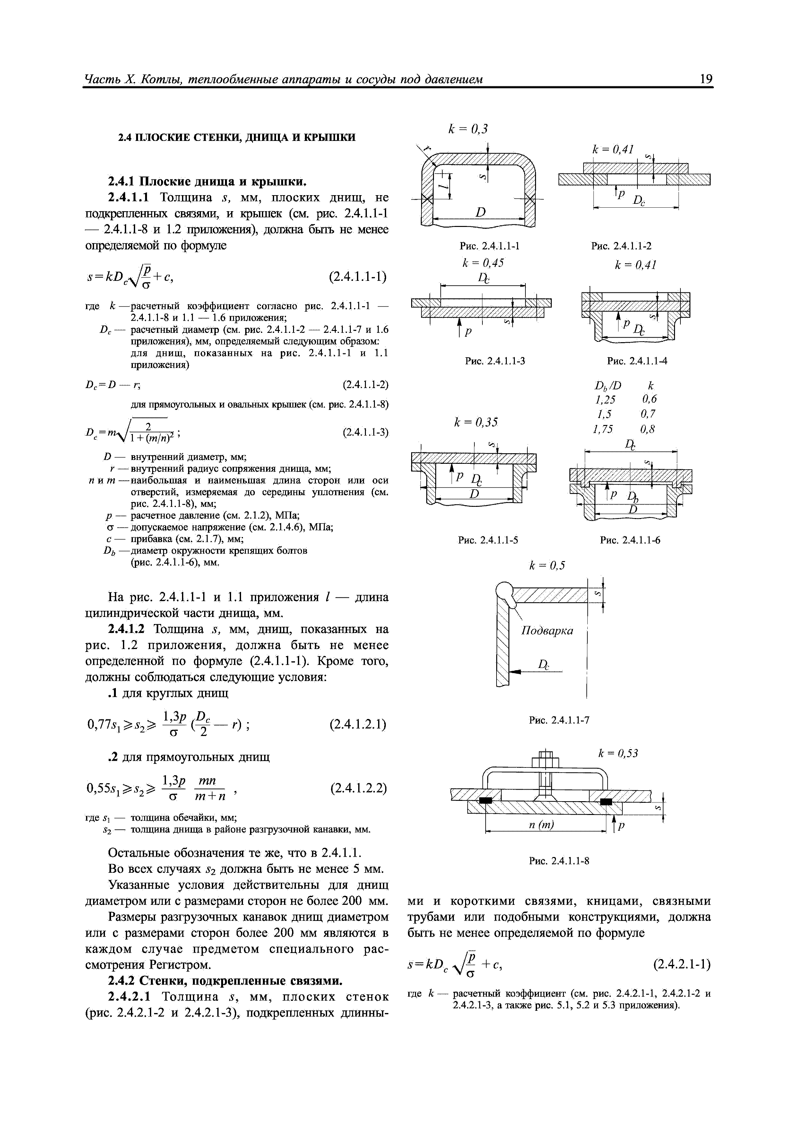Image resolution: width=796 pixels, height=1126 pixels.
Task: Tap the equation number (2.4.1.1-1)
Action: point(358,277)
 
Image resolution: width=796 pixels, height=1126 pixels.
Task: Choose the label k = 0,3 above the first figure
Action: point(468,129)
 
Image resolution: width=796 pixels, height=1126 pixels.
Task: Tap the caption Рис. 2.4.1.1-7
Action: point(558,720)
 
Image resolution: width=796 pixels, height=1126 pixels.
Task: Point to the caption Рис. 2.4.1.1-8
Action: point(558,861)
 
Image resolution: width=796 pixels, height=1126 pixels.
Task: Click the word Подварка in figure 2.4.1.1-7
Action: point(547,630)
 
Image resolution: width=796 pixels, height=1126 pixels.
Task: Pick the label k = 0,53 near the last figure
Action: point(618,753)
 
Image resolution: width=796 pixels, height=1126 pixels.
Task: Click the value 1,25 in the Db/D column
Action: point(604,399)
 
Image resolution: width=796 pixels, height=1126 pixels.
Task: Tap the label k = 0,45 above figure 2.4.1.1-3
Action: point(483,263)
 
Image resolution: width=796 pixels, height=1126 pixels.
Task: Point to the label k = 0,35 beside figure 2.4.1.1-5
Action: point(476,422)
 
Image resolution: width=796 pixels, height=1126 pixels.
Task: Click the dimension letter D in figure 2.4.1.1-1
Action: point(480,212)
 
